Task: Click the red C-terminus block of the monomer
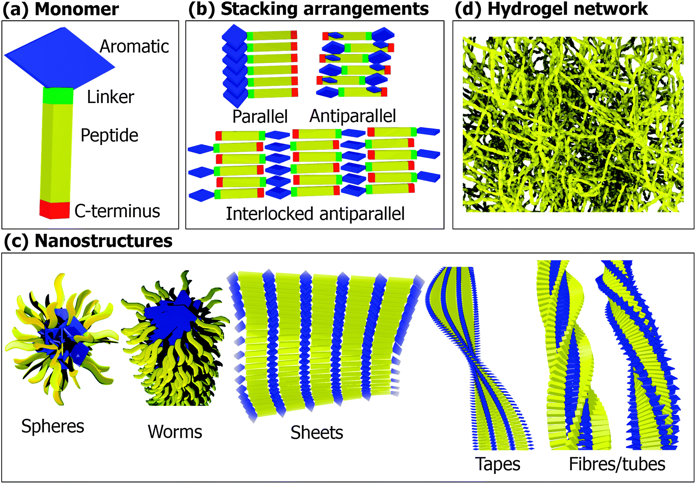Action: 55,210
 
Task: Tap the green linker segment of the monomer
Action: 58,96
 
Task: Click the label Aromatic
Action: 134,47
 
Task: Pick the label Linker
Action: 110,97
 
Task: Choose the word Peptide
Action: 109,135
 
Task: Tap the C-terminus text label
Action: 117,211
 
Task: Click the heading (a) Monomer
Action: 61,9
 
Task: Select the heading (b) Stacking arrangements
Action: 308,9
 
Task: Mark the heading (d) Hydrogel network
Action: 551,9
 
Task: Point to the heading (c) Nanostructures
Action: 88,241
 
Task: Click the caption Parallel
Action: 260,116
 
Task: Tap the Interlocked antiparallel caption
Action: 315,214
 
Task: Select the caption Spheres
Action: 53,426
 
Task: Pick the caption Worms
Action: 175,432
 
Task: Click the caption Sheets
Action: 317,433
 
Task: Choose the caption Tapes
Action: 497,464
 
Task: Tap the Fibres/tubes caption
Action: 617,464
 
